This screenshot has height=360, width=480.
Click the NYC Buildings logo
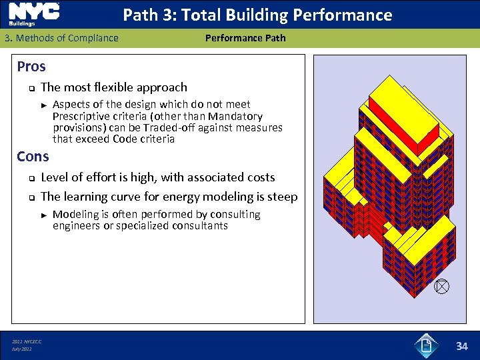point(33,13)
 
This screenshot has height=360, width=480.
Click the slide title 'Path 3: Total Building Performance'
point(257,15)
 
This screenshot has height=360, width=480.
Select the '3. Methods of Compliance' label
point(61,38)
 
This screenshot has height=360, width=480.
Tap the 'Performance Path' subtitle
point(245,38)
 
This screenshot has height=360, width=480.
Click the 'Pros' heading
point(31,67)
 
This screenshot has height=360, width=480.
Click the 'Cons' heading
point(33,157)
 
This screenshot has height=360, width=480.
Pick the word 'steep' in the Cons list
point(283,197)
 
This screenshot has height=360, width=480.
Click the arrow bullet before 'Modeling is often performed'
point(43,215)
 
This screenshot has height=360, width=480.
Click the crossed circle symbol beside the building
point(441,287)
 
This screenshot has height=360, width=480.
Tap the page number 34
point(461,346)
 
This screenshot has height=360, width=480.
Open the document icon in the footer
point(426,345)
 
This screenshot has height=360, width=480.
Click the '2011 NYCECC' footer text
point(26,342)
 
